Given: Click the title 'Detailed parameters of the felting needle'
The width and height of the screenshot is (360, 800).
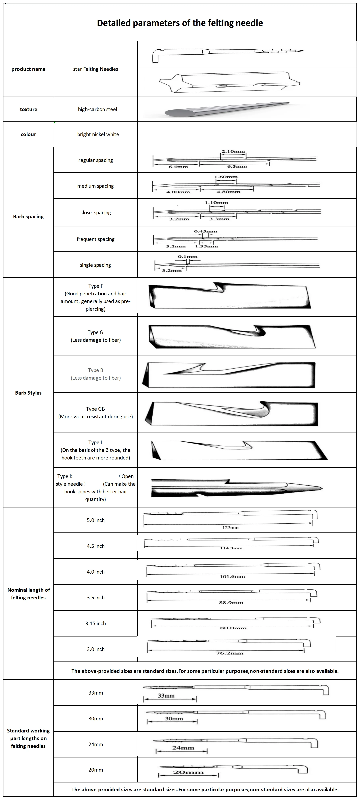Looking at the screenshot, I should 180,23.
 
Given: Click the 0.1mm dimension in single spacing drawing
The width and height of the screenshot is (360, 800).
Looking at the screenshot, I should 188,256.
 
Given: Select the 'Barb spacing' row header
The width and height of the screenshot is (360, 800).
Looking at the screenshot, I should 28,217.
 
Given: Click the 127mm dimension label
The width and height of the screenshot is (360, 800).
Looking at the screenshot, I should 230,527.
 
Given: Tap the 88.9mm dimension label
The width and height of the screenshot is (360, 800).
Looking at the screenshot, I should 231,602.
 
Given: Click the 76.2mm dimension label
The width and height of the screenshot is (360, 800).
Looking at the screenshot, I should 230,653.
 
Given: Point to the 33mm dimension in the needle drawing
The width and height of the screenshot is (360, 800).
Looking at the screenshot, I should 166,696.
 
